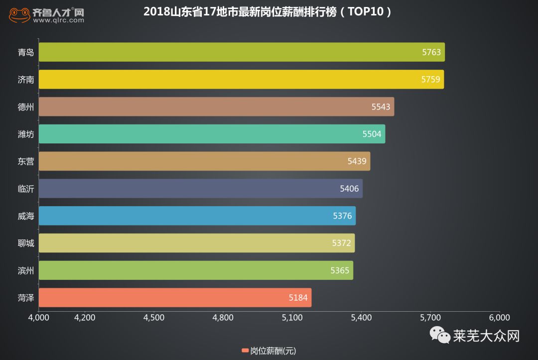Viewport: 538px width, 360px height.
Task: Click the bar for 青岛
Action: pos(242,52)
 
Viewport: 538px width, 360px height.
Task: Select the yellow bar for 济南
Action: pos(241,80)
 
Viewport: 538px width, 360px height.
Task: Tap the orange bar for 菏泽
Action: pos(175,298)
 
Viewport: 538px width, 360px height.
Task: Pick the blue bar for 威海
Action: pos(197,216)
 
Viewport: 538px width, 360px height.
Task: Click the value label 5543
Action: pos(381,107)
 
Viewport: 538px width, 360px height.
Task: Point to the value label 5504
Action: pos(372,134)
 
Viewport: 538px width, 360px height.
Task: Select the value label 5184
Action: pos(298,298)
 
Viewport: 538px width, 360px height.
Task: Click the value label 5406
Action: pos(350,189)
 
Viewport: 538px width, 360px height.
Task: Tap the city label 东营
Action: pos(26,161)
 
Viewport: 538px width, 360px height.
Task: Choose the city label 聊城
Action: pos(26,243)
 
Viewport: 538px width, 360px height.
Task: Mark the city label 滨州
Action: pos(26,270)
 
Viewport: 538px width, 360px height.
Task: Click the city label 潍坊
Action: pos(26,134)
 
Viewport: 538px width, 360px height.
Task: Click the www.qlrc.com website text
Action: pos(58,21)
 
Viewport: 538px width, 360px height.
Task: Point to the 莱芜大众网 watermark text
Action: pos(486,336)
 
